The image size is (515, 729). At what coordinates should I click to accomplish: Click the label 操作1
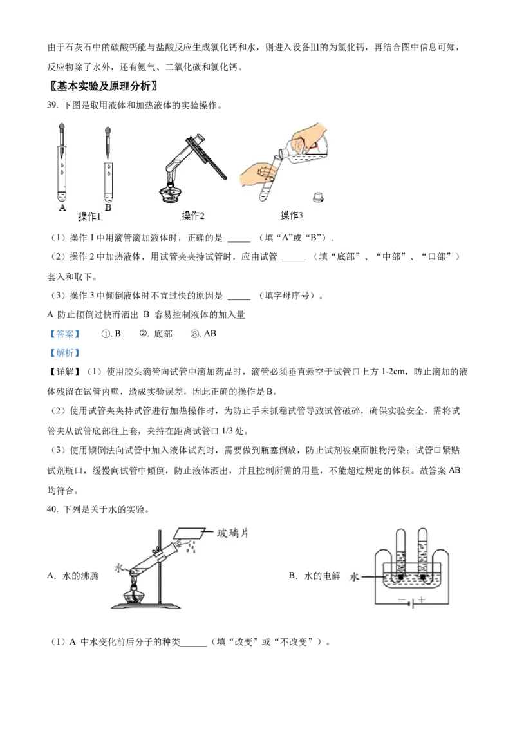89,216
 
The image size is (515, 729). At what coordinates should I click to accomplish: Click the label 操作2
193,216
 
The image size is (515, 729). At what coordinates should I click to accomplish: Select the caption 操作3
292,215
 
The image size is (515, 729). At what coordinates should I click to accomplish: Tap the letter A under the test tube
62,207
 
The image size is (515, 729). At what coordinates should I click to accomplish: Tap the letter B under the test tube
108,207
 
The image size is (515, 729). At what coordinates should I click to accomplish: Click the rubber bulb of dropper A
62,128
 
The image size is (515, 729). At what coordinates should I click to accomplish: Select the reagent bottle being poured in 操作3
308,149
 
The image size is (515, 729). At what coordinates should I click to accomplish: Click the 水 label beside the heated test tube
118,568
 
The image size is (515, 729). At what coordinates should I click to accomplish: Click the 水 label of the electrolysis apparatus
353,578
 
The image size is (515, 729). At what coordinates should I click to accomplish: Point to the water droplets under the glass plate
191,548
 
